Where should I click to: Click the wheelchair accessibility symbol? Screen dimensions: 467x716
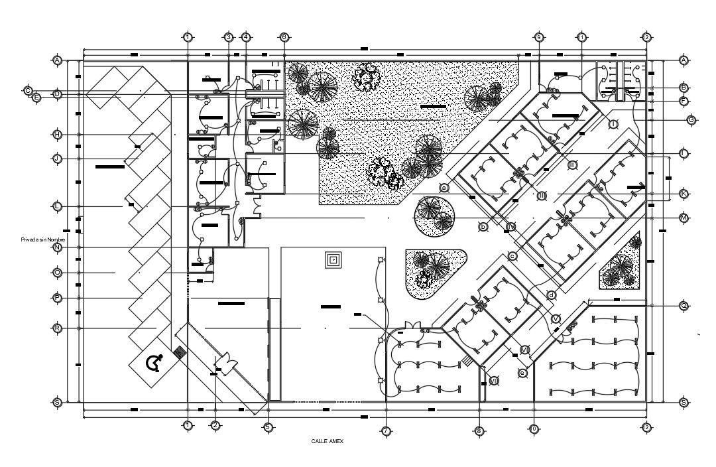[154, 363]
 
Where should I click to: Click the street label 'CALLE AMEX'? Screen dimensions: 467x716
[327, 440]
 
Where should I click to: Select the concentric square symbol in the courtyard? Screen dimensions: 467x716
[333, 260]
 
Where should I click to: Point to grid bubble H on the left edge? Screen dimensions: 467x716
[58, 135]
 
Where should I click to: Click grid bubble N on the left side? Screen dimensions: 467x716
[58, 247]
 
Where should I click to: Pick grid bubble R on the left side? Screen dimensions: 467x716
[58, 328]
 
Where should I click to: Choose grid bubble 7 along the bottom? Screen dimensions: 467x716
[386, 431]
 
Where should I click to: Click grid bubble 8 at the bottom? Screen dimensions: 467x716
[479, 431]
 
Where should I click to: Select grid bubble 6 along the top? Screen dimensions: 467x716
[284, 37]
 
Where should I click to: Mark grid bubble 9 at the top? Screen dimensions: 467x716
[539, 37]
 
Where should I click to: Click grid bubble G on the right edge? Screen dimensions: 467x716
[691, 120]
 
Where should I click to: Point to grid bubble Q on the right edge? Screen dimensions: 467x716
[684, 306]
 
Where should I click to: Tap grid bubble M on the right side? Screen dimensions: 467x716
[684, 218]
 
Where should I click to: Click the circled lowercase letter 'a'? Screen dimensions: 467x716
[445, 188]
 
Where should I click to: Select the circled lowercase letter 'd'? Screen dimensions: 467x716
[551, 295]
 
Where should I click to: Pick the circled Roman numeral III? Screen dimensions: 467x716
[542, 195]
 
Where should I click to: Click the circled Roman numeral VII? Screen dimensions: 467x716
[493, 380]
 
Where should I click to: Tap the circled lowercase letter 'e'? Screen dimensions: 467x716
[522, 373]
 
